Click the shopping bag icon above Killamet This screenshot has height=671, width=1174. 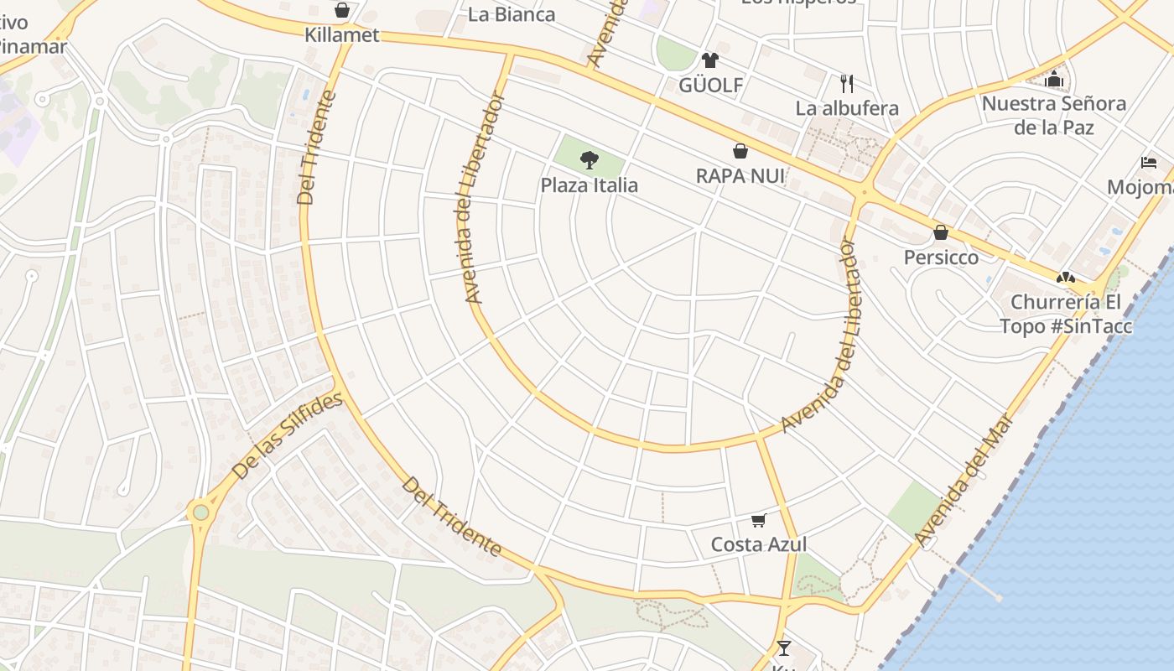tap(341, 10)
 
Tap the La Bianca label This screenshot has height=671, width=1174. tap(511, 14)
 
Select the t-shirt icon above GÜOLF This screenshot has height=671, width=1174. tap(710, 60)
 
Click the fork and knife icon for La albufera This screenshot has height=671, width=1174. tap(847, 83)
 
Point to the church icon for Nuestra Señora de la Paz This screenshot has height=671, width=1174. tap(1054, 80)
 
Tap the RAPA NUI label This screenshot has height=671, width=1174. tap(740, 176)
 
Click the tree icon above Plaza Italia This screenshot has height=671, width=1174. tap(590, 159)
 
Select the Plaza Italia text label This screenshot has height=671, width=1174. tap(589, 185)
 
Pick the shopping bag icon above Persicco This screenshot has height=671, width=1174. tap(941, 232)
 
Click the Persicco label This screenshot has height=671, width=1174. tap(941, 257)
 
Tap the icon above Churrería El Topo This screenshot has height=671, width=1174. tap(1065, 277)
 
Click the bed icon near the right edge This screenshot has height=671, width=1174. tap(1148, 162)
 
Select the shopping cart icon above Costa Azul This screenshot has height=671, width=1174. tap(759, 520)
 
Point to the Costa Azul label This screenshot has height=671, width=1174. tap(759, 544)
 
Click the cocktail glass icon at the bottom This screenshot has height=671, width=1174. tap(783, 648)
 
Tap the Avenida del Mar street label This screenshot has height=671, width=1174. tap(965, 478)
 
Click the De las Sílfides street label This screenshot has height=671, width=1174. tap(287, 435)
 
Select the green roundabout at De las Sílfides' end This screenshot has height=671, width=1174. tap(200, 512)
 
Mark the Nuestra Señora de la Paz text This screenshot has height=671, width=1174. tap(1053, 116)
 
